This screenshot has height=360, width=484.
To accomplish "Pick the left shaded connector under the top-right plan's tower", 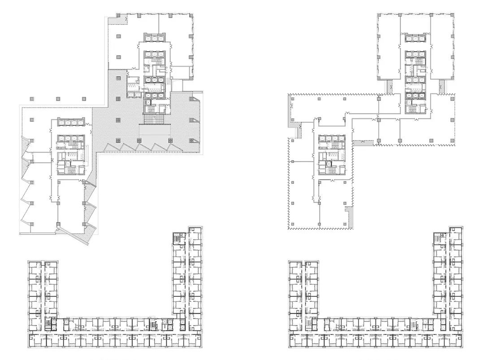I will pos(389,87).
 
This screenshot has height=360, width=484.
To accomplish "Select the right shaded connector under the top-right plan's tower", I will pos(441,85).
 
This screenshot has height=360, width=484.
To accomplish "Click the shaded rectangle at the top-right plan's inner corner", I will pos(363,143).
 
